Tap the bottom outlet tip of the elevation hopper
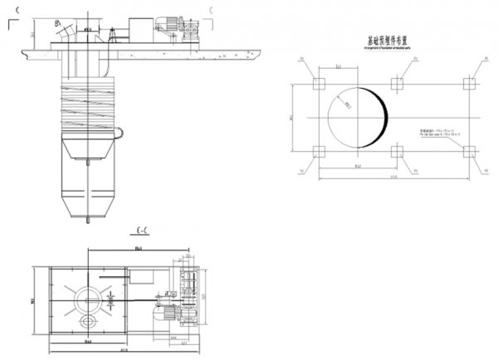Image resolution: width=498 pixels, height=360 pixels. pyautogui.click(x=88, y=221)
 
